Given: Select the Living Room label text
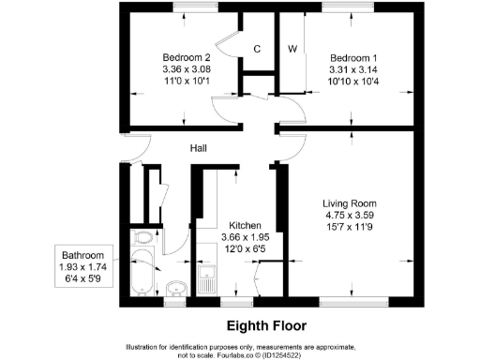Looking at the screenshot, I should tap(348, 203).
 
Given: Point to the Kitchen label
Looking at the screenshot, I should tap(245, 226).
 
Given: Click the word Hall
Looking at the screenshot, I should tap(199, 148).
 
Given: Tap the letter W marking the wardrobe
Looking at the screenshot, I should tap(292, 49).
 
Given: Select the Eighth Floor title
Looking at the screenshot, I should tap(266, 325).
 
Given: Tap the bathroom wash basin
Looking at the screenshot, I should tap(174, 287).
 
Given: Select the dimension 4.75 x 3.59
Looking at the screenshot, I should tap(348, 215).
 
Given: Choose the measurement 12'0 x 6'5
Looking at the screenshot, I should tap(245, 249).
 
